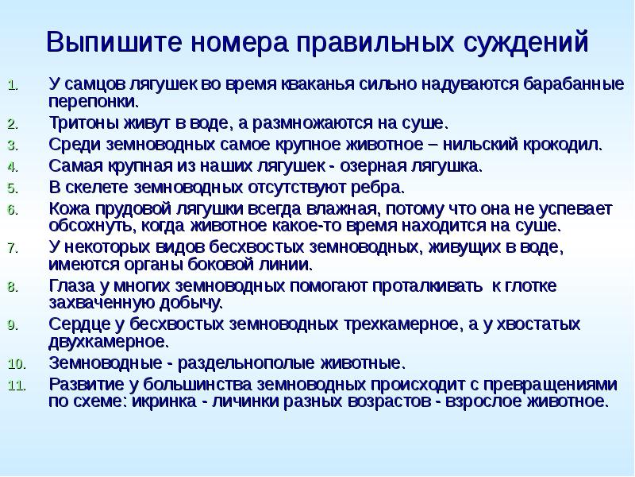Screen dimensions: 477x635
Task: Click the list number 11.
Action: coord(18,386)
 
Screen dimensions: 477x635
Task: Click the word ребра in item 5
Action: coord(379,188)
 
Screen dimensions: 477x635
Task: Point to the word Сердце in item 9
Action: coord(78,324)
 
